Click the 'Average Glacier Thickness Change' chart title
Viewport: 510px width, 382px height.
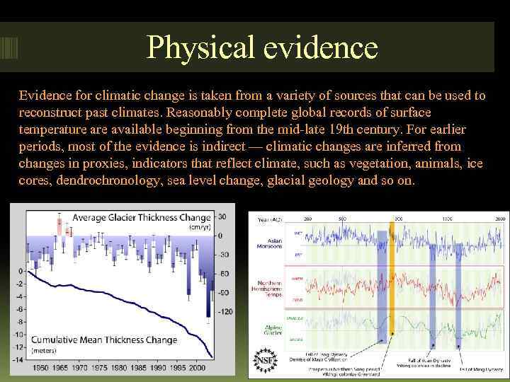(142, 217)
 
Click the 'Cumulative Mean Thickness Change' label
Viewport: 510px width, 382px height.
(104, 340)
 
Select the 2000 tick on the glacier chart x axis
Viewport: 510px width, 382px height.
(198, 369)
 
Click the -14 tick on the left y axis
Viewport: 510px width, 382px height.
(18, 360)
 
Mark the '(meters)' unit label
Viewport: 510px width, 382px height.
(44, 350)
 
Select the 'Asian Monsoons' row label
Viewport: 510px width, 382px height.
(269, 244)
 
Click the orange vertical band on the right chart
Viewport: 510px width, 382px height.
(391, 283)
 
